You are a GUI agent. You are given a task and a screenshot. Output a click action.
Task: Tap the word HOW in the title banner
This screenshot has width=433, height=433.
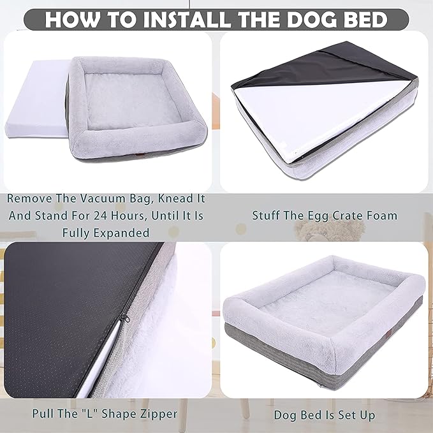tap(70, 19)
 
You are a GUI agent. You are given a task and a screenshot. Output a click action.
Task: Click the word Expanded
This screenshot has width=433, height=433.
tap(124, 233)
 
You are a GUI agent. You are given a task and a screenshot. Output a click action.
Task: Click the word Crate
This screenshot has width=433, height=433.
tap(348, 216)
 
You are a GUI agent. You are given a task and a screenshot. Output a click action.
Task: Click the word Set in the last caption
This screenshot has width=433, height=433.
tap(348, 415)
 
